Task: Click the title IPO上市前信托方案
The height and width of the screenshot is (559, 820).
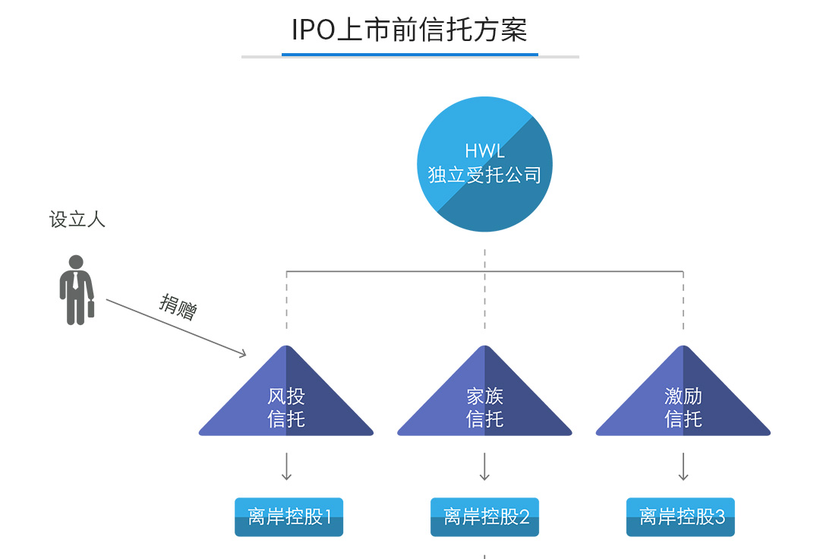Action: pos(409,30)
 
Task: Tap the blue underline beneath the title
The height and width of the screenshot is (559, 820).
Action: pos(409,55)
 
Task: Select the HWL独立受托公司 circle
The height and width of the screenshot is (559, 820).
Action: pos(484,164)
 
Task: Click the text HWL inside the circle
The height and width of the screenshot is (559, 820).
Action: pos(484,151)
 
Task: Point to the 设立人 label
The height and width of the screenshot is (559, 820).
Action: pos(77,220)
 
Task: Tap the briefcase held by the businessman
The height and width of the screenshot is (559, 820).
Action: pos(91,308)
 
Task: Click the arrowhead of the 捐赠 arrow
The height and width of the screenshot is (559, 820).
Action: pos(242,353)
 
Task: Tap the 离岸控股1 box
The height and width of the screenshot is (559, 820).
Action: pos(289,517)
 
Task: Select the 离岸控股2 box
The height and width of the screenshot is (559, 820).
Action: pos(484,517)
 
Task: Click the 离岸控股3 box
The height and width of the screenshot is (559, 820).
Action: pos(680,517)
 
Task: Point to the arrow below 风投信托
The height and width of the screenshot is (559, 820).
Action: pos(286,466)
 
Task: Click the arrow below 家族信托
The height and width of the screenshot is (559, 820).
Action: pos(484,466)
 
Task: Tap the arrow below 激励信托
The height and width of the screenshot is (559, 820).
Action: pos(683,466)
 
